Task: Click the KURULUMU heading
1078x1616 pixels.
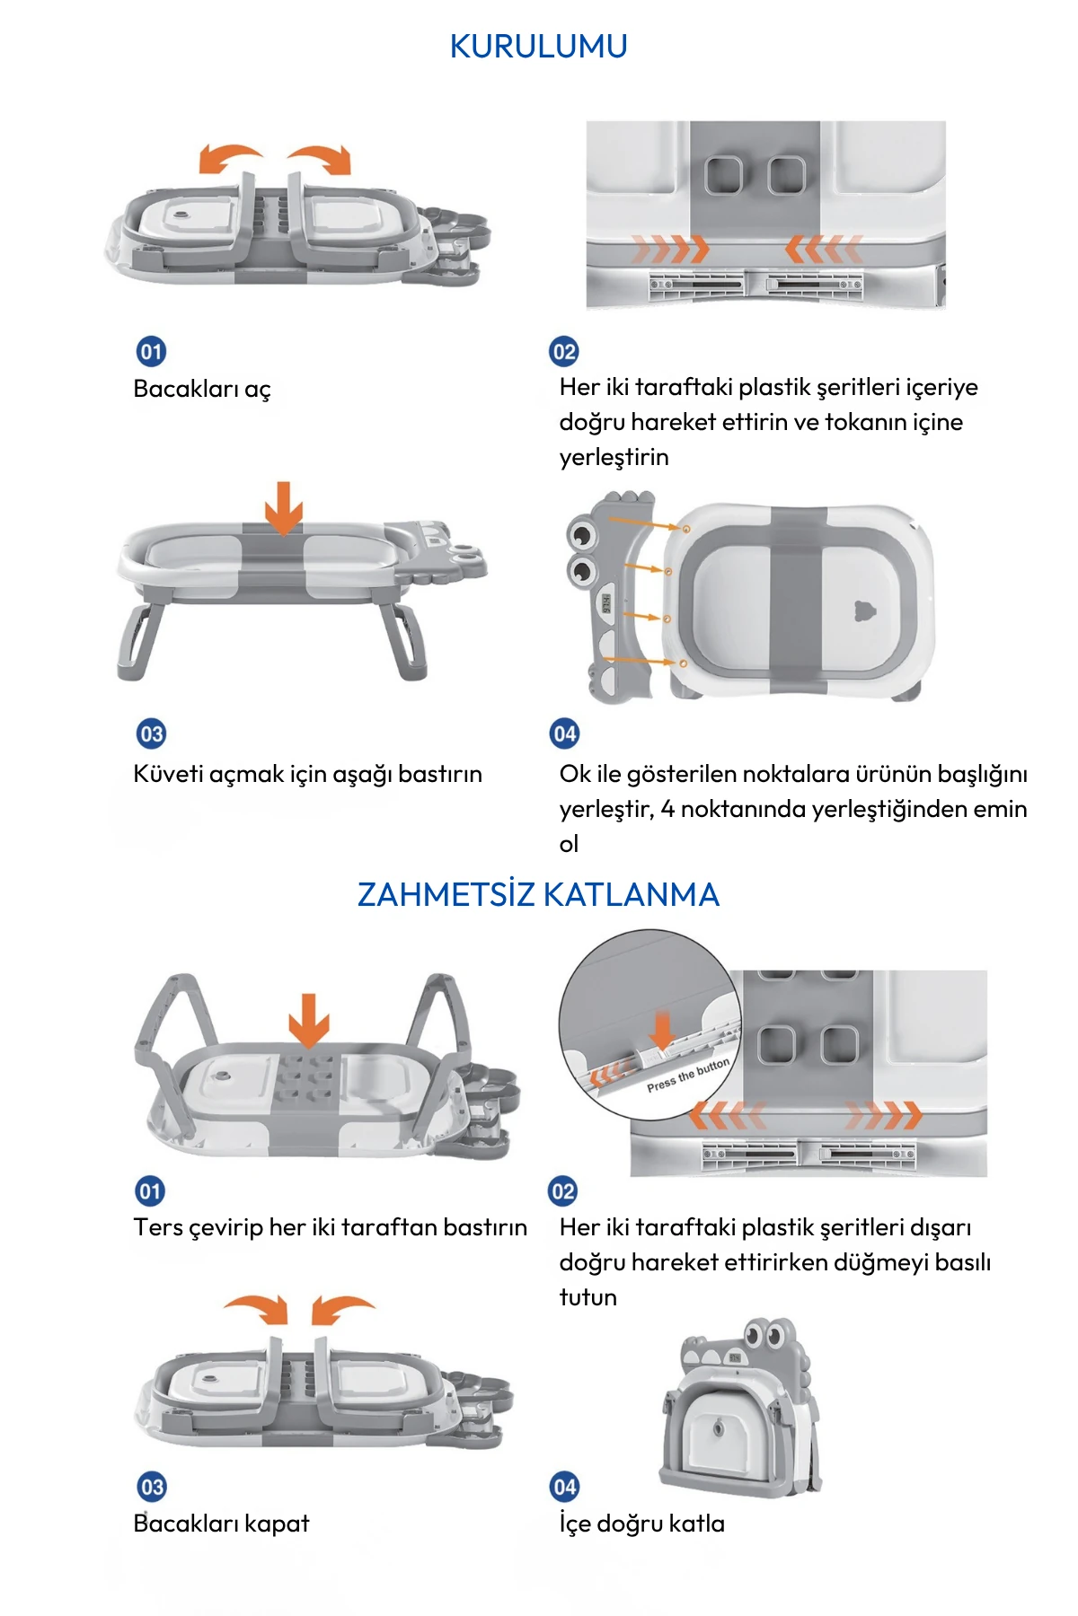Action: click(538, 46)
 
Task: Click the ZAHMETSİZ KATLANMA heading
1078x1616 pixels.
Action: click(538, 894)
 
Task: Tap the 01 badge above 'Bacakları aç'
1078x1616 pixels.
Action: click(151, 351)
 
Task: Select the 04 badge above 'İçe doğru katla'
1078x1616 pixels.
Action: click(564, 1487)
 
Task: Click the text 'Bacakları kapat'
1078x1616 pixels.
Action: click(221, 1524)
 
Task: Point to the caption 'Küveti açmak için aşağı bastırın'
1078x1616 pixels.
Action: click(307, 774)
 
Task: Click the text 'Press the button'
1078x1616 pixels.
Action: click(688, 1075)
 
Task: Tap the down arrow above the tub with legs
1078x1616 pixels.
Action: click(284, 508)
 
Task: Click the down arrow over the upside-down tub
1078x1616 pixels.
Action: click(309, 1020)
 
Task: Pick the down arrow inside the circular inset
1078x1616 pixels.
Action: click(663, 1031)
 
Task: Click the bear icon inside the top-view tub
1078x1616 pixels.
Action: click(864, 611)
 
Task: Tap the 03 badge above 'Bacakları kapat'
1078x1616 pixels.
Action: click(151, 1487)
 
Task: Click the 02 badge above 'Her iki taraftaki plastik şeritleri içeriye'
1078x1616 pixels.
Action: click(564, 351)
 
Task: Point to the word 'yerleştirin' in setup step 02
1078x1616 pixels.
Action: click(614, 457)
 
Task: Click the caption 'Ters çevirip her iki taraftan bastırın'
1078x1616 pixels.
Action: click(331, 1227)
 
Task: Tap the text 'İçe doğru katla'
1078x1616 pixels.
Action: click(641, 1524)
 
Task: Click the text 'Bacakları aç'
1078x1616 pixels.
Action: click(202, 389)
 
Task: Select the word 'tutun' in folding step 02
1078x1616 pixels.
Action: click(588, 1297)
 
